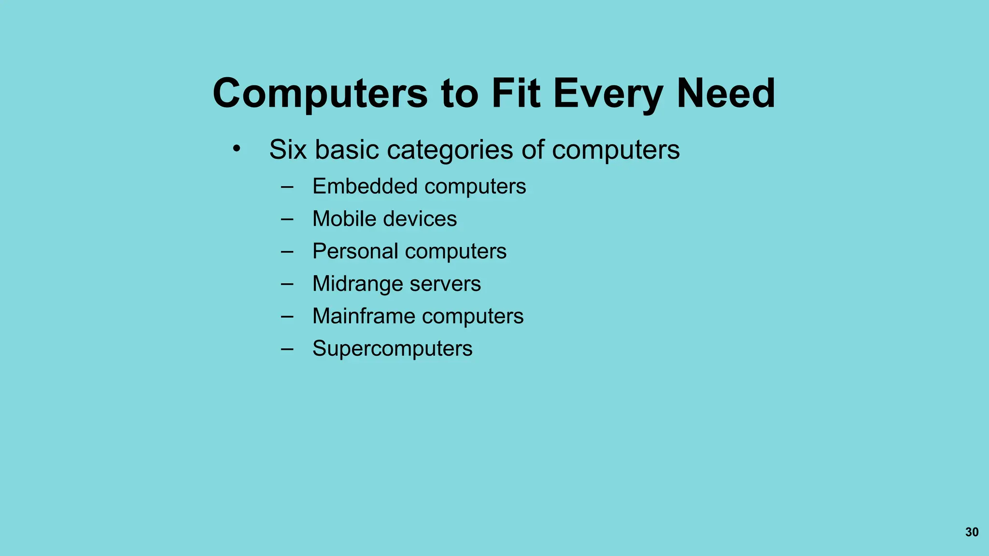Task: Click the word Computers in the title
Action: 320,93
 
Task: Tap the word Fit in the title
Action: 516,93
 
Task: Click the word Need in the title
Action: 726,93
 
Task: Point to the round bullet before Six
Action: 236,149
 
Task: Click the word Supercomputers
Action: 392,348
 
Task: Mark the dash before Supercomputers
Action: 287,348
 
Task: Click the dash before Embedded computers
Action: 287,186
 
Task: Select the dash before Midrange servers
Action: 287,284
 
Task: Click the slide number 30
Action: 972,532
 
